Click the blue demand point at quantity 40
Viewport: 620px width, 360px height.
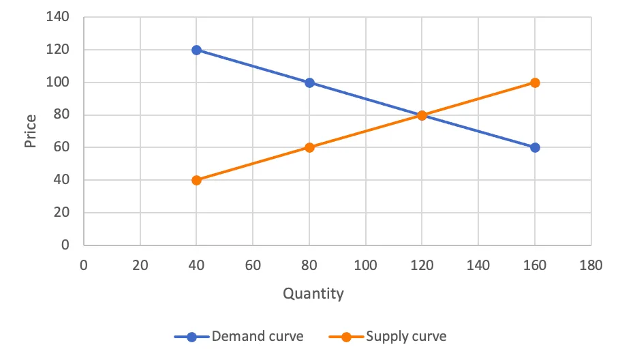(x=196, y=50)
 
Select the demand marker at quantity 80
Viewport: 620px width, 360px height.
(x=309, y=82)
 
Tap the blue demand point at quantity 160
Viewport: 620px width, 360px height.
(x=535, y=147)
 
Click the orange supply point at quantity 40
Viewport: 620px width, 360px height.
(x=196, y=181)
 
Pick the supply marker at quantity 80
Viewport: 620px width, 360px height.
(x=309, y=147)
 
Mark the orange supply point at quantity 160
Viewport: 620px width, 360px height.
(x=535, y=82)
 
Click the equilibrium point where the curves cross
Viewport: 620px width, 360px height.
(x=422, y=115)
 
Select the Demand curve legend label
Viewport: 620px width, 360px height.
(x=258, y=336)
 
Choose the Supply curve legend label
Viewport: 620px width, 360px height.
(x=406, y=336)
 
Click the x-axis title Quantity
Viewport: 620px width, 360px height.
(x=313, y=294)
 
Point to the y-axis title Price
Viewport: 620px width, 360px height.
(x=30, y=131)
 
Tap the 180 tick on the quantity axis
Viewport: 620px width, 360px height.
(x=591, y=265)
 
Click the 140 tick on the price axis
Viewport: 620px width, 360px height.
(x=58, y=16)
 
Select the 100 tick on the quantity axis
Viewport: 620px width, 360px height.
(x=365, y=265)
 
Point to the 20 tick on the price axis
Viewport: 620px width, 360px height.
(x=61, y=213)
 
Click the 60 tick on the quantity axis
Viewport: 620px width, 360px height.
(x=253, y=265)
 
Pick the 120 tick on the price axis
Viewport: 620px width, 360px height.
(x=58, y=50)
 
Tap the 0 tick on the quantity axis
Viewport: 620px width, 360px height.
(x=83, y=265)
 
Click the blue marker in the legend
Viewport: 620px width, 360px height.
(x=191, y=337)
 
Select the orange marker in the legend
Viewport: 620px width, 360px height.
(x=346, y=337)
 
